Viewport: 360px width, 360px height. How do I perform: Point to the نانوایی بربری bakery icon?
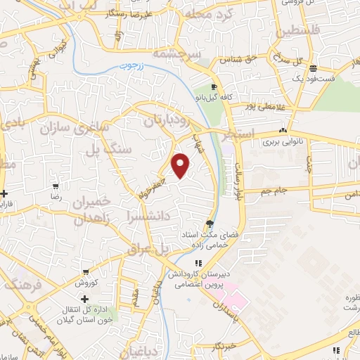pyautogui.click(x=283, y=130)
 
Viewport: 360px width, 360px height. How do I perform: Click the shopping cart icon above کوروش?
pyautogui.click(x=85, y=272)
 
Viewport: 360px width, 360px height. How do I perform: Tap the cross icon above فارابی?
pyautogui.click(x=4, y=193)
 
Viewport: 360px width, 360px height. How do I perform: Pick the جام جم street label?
pyautogui.click(x=266, y=191)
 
